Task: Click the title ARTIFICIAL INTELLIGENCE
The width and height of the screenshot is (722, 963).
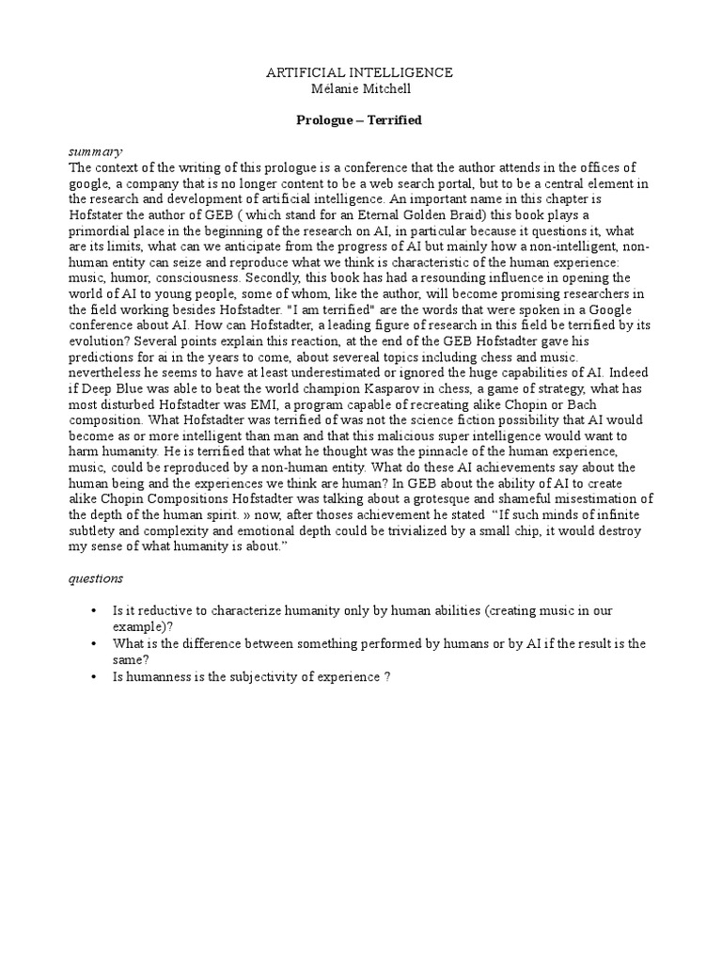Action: pos(360,72)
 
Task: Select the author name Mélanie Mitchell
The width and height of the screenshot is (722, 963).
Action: pos(360,87)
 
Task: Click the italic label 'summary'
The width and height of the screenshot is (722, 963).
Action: pos(95,152)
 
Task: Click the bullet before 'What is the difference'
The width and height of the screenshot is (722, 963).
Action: pos(94,643)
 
